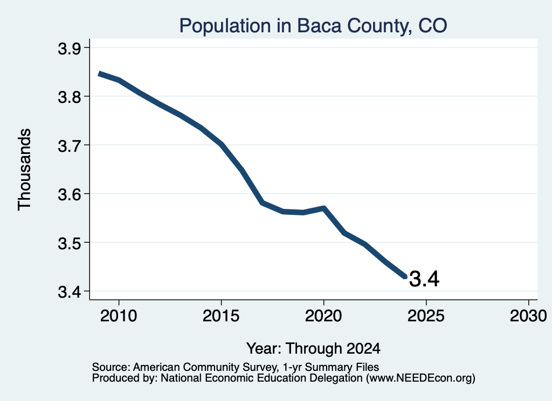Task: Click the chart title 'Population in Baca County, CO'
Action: tap(313, 26)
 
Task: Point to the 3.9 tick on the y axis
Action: tap(69, 48)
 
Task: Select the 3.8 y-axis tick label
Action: tap(69, 97)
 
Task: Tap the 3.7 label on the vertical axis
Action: tap(69, 146)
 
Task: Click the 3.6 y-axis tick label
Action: tap(69, 194)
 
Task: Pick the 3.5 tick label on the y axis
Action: tap(69, 243)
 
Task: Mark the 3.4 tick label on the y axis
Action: tap(69, 292)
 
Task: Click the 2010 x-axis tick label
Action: tap(119, 316)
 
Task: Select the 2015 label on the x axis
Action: tap(221, 316)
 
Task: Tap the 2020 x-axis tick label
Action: tap(323, 316)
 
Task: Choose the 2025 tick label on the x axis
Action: tap(426, 316)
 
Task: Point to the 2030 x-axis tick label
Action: tap(528, 316)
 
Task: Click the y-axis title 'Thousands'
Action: tap(25, 170)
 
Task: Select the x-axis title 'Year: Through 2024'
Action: tap(313, 349)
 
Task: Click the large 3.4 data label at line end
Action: tap(424, 279)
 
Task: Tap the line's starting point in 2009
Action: tap(99, 73)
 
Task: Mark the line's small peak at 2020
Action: tap(323, 208)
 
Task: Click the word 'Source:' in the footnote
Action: tap(111, 367)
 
